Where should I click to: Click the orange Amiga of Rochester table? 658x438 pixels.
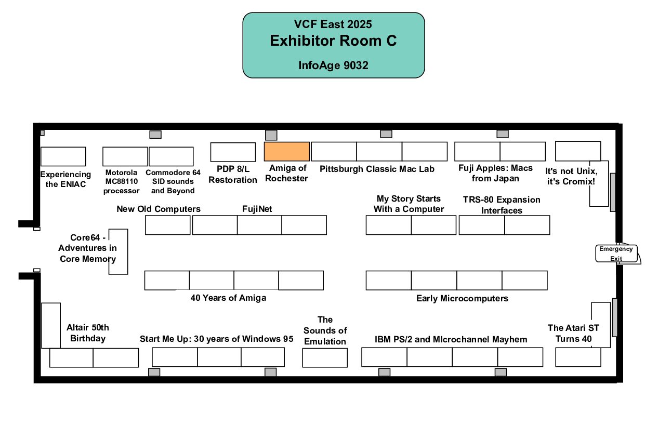coord(286,151)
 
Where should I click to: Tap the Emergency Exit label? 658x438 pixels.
coord(616,254)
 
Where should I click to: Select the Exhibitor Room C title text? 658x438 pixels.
coord(333,41)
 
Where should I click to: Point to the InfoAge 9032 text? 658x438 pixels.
coord(333,65)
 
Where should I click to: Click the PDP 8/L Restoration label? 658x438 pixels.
coord(233,175)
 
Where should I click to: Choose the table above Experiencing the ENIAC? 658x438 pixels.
coord(63,156)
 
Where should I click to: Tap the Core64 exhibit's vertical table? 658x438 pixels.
coord(118,251)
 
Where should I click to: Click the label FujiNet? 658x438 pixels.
coord(257,209)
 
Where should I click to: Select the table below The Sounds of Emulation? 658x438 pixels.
coord(325,358)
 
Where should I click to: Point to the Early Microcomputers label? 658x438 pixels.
coord(462,298)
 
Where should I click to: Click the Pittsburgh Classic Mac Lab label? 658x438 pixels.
coord(377,169)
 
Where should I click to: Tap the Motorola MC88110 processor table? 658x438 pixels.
coord(125,156)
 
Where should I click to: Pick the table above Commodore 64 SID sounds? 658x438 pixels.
coord(171,156)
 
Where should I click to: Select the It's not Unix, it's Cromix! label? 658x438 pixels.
coord(571,176)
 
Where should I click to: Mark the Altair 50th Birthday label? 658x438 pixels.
coord(88,333)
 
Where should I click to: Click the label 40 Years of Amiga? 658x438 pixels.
coord(228,298)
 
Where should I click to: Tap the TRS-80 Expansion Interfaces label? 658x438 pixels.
coord(502,205)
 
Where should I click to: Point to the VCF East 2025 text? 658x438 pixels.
coord(333,24)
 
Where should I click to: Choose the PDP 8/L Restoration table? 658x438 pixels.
coord(233,152)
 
